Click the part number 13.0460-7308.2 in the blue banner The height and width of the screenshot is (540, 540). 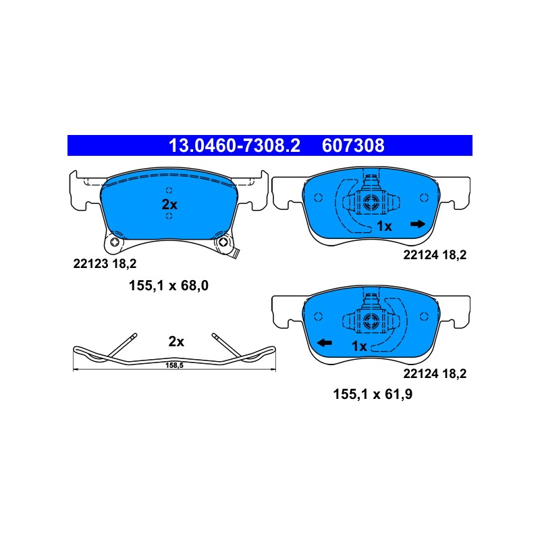[234, 145]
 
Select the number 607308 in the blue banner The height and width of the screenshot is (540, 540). [353, 145]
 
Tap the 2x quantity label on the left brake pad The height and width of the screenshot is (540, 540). [169, 205]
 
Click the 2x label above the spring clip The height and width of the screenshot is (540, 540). [176, 342]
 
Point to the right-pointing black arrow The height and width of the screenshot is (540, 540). [418, 224]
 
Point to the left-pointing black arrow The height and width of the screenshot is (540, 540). [325, 343]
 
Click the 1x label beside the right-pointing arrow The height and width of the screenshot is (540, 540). [384, 226]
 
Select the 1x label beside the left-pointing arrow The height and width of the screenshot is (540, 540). [359, 346]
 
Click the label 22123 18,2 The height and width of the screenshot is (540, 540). [105, 264]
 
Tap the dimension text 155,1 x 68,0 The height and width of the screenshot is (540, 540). [168, 286]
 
